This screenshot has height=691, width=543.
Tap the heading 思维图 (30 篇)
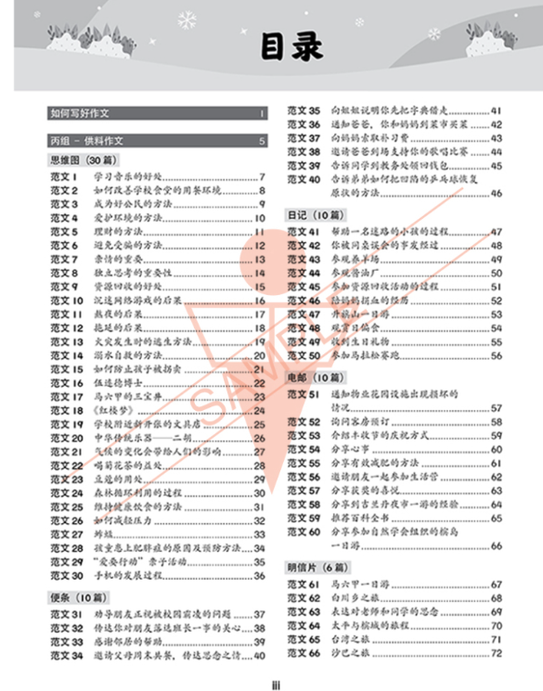81,160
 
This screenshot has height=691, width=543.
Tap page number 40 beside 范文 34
260,656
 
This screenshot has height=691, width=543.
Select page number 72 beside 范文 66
496,654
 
